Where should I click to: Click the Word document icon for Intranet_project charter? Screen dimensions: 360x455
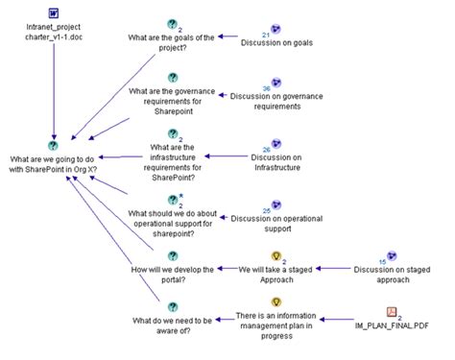(x=54, y=12)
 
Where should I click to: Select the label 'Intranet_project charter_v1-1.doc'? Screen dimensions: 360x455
(x=54, y=35)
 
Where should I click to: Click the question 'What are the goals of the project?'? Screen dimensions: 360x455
(x=172, y=43)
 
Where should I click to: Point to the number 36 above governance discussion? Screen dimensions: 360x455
(x=266, y=88)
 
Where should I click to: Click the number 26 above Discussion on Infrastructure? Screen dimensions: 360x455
(x=266, y=149)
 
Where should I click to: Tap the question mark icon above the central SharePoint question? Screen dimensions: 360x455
(x=54, y=144)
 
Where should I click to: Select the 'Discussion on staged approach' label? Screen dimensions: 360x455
(x=392, y=276)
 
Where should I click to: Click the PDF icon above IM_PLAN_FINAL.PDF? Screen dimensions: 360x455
(x=392, y=312)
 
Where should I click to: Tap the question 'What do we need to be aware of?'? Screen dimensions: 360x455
(x=173, y=323)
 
